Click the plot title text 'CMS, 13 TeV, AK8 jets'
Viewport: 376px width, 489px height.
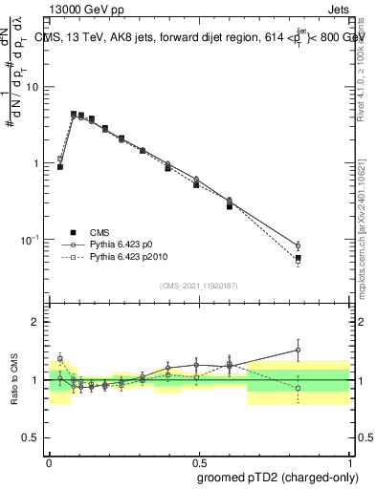[x=105, y=37]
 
